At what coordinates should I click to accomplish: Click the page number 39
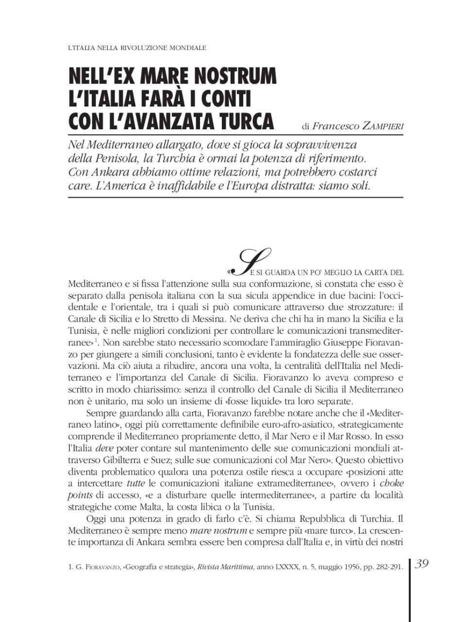[x=422, y=564]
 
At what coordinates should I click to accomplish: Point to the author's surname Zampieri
[x=383, y=126]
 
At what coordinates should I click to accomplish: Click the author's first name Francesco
[x=335, y=126]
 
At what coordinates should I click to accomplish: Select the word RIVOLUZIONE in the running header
[x=138, y=48]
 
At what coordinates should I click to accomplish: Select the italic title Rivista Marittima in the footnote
[x=226, y=567]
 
